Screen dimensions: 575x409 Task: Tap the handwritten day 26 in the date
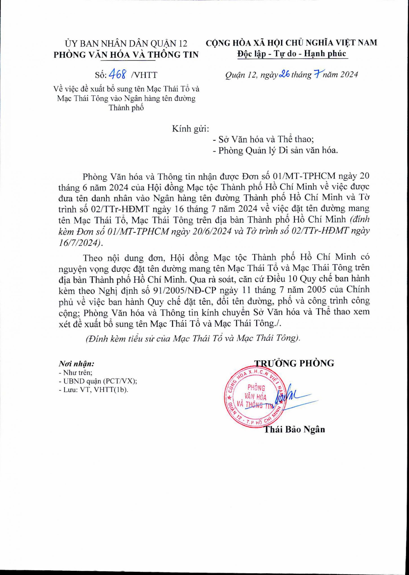pyautogui.click(x=284, y=75)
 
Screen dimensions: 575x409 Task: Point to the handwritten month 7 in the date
pyautogui.click(x=316, y=74)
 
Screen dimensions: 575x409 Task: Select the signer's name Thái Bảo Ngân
pyautogui.click(x=294, y=429)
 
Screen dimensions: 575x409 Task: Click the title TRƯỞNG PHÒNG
pyautogui.click(x=295, y=363)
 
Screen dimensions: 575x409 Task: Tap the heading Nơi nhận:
pyautogui.click(x=76, y=364)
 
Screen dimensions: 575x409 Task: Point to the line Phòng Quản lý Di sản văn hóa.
pyautogui.click(x=275, y=151)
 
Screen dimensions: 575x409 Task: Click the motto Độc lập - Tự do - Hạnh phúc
pyautogui.click(x=292, y=54)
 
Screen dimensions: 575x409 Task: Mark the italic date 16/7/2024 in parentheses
pyautogui.click(x=79, y=242)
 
